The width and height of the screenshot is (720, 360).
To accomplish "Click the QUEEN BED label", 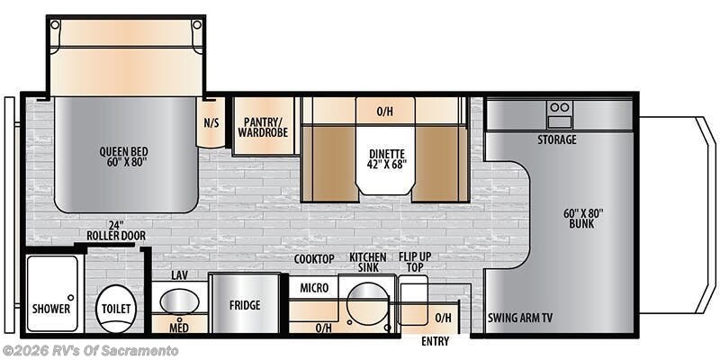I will click(x=123, y=157).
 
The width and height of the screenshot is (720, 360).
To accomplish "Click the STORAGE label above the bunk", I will click(x=557, y=139).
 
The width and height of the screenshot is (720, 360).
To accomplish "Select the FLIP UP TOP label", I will click(x=415, y=262).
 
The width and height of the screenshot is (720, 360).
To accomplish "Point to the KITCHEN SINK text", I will click(x=367, y=262).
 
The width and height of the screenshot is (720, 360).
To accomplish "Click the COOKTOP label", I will click(x=314, y=259).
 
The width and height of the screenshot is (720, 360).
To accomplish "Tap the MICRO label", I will click(x=312, y=287).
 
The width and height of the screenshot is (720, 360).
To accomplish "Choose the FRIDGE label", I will click(x=244, y=305).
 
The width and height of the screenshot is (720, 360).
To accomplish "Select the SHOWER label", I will click(x=51, y=308).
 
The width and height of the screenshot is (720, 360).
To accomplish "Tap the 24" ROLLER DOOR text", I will click(x=116, y=230).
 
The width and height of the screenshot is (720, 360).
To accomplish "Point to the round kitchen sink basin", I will click(x=366, y=302).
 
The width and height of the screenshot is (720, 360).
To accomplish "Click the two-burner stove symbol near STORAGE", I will click(x=560, y=114).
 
